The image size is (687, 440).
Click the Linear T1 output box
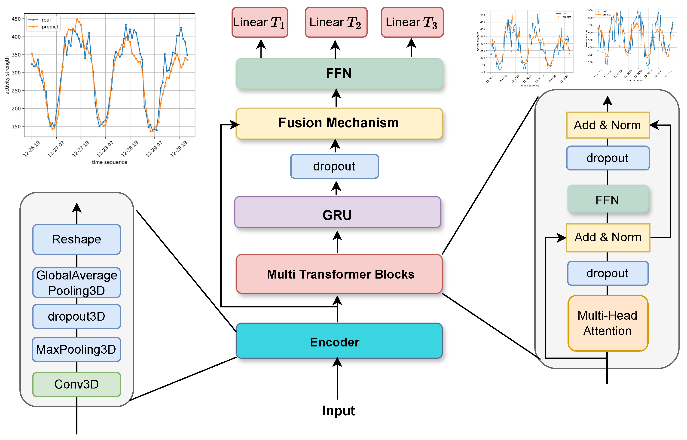click(260, 22)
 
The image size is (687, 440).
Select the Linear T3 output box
click(412, 22)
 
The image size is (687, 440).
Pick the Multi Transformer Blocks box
click(339, 274)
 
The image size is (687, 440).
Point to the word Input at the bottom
click(338, 411)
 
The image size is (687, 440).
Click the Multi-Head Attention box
click(608, 323)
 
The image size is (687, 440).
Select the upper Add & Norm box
click(608, 125)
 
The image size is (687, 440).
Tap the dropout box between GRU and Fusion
click(334, 166)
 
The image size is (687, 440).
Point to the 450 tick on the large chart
click(16, 19)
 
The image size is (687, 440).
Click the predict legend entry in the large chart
click(50, 27)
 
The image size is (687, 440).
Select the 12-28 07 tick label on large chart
click(105, 149)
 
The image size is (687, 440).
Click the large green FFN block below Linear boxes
click(339, 73)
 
